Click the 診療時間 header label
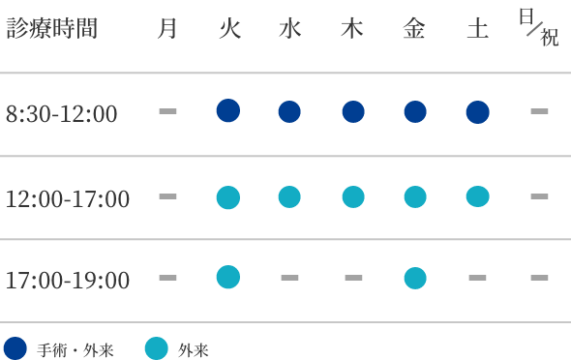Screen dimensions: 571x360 [x=52, y=29]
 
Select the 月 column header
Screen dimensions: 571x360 [x=167, y=29]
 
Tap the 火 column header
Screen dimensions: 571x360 [x=228, y=29]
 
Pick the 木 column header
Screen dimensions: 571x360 [x=352, y=29]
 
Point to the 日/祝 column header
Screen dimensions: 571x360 [x=539, y=28]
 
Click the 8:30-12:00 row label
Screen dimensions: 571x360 [x=62, y=114]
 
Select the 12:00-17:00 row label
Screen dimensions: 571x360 [x=68, y=199]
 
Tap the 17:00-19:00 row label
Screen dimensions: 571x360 [x=68, y=281]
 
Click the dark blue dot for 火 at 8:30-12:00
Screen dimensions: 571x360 [x=227, y=110]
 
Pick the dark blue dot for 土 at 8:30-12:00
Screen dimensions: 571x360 [x=477, y=112]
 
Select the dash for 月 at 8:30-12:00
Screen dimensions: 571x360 [x=167, y=111]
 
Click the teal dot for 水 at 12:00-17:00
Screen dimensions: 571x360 [x=289, y=196]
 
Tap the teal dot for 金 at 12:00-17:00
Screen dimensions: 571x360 [x=414, y=196]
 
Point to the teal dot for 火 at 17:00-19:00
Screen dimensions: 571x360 [x=227, y=277]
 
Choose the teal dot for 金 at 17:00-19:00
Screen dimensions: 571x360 [x=414, y=278]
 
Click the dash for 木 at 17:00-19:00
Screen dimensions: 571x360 [x=353, y=278]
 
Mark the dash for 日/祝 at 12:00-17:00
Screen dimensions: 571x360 [x=539, y=196]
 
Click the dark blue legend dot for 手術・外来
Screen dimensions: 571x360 [x=15, y=348]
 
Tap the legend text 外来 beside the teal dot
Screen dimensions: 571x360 [x=194, y=350]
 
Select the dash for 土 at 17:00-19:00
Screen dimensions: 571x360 [x=477, y=278]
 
